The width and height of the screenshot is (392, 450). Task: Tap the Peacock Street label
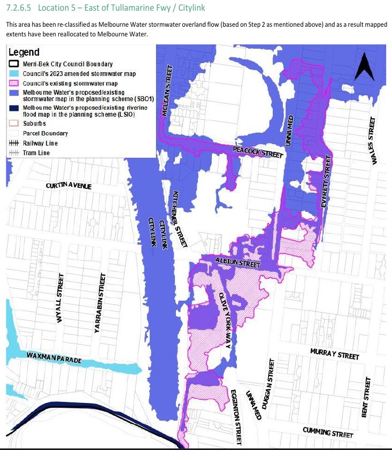pos(257,152)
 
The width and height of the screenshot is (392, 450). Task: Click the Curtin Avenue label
pos(68,186)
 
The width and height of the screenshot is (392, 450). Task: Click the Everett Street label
pos(325,182)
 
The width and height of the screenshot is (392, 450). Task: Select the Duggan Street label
pos(271,380)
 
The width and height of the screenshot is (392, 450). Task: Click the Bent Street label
pos(366,397)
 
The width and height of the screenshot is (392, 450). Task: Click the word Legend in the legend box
pos(24,52)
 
